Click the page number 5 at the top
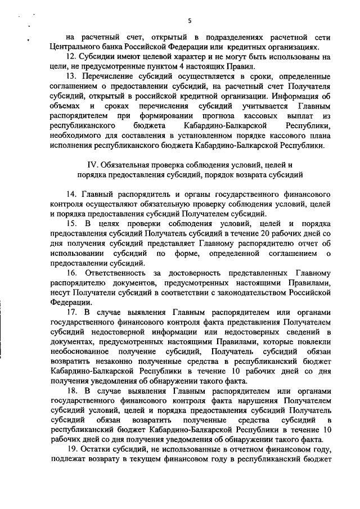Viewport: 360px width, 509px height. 190,21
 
